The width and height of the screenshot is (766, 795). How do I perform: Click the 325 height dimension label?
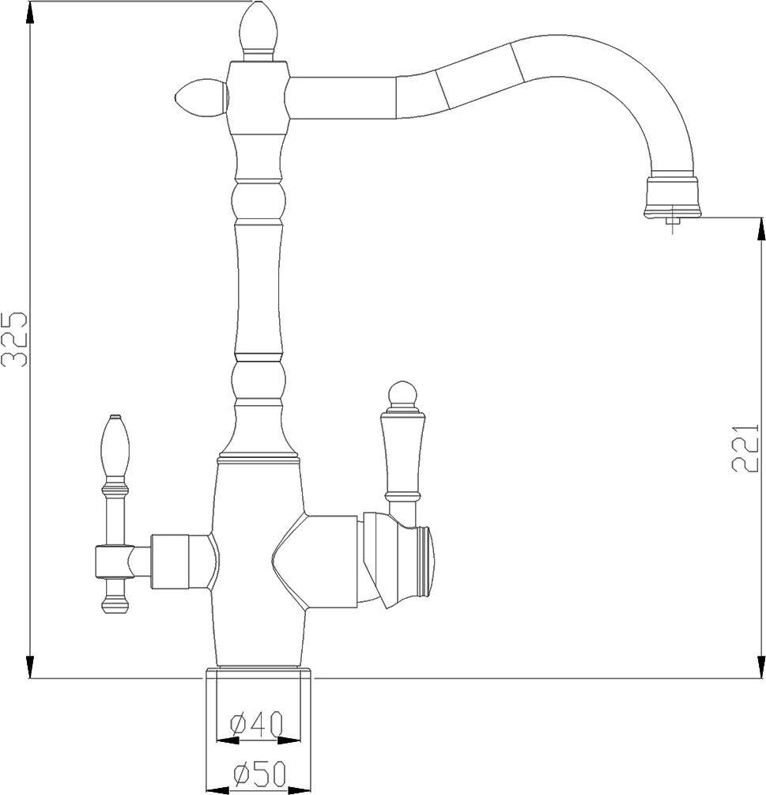pos(15,340)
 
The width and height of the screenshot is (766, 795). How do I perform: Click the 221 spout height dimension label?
pos(745,446)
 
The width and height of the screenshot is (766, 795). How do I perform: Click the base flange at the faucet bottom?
pos(258,673)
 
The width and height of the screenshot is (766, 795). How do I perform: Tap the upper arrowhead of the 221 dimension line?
pos(760,229)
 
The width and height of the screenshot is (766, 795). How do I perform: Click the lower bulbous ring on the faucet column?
pos(258,378)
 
